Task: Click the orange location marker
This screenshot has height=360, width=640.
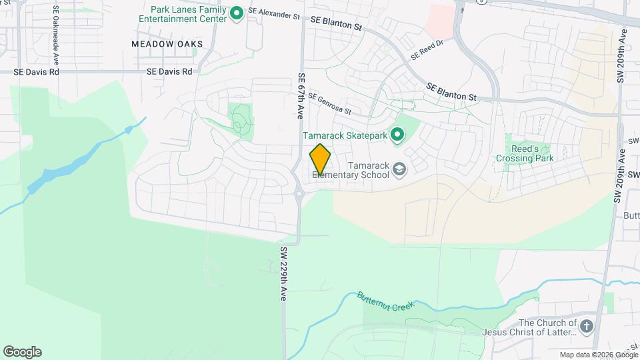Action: pyautogui.click(x=320, y=159)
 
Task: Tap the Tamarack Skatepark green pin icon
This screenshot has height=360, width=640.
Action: pyautogui.click(x=398, y=135)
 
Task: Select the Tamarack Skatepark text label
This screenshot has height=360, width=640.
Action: pyautogui.click(x=345, y=135)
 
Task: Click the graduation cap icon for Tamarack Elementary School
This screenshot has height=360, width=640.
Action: pyautogui.click(x=399, y=170)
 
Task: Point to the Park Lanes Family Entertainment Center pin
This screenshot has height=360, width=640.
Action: pyautogui.click(x=236, y=13)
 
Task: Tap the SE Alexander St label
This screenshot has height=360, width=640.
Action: pyautogui.click(x=274, y=13)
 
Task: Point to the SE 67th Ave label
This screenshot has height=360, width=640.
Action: pyautogui.click(x=301, y=96)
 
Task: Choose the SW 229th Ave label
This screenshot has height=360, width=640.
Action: pyautogui.click(x=283, y=274)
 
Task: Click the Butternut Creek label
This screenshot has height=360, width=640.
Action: pyautogui.click(x=385, y=301)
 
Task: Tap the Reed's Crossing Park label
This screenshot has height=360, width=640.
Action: pyautogui.click(x=525, y=153)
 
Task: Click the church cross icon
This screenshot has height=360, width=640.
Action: pyautogui.click(x=586, y=326)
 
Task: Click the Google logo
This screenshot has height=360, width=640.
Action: pyautogui.click(x=22, y=352)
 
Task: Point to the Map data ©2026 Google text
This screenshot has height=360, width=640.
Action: pyautogui.click(x=598, y=355)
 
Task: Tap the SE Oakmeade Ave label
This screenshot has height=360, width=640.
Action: pyautogui.click(x=56, y=31)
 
